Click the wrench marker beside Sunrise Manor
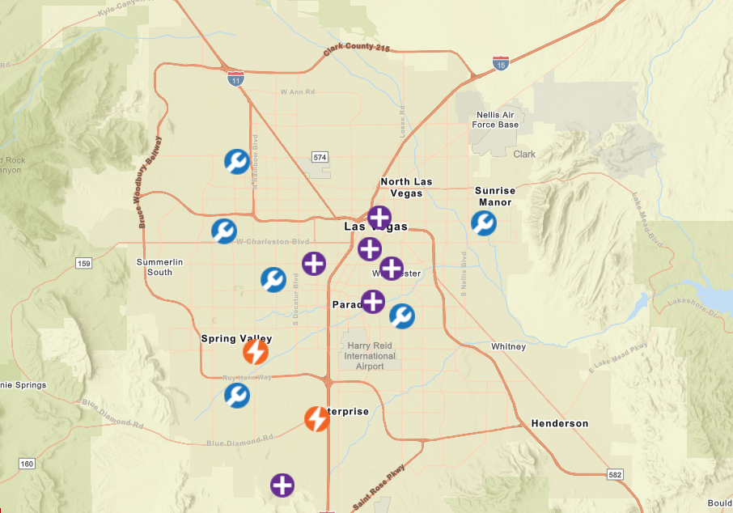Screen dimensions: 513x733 [484, 223]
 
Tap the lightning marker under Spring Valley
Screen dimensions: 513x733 [256, 352]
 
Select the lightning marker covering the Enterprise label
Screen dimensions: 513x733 [316, 418]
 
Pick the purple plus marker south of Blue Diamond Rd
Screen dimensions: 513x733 [282, 485]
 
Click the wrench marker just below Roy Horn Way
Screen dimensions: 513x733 [237, 396]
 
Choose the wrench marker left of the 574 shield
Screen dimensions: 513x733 [237, 162]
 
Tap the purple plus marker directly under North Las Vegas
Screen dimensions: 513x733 [379, 217]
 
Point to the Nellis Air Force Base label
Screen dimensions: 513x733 [495, 120]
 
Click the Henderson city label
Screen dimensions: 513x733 [560, 423]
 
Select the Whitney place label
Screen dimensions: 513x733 [508, 346]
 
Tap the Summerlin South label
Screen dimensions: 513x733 [159, 267]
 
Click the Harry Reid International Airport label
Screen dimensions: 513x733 [371, 355]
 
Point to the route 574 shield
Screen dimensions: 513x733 [320, 156]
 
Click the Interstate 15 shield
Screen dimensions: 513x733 [501, 64]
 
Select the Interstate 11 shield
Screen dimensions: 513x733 [235, 78]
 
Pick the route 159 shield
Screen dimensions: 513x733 [83, 263]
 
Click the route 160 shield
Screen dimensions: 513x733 [28, 463]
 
